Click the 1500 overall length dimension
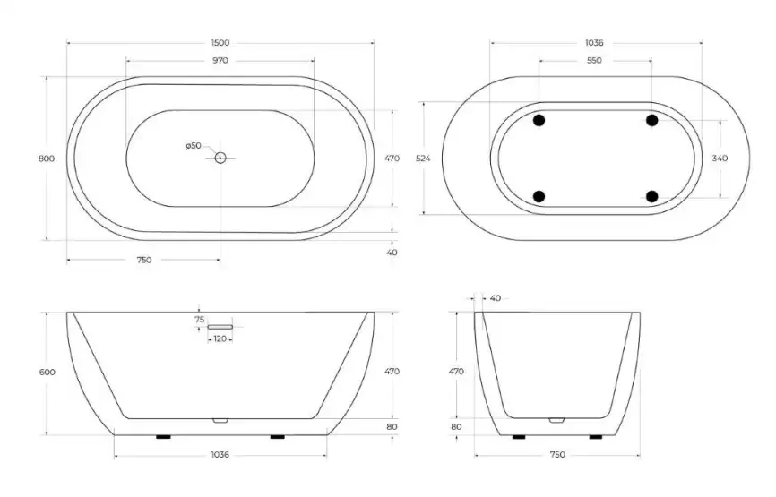220,42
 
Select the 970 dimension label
220,61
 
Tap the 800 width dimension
47,159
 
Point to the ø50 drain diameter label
194,146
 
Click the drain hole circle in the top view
220,159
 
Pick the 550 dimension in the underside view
594,61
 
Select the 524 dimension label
424,159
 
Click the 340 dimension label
720,159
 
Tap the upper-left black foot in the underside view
539,120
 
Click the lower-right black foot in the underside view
651,196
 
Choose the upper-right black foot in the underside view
651,120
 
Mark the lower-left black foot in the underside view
539,196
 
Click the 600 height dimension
47,372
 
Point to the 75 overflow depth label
199,319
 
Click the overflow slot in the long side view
220,328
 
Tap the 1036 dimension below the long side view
220,455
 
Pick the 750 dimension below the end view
556,455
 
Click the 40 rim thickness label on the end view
496,298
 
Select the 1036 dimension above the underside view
594,42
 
